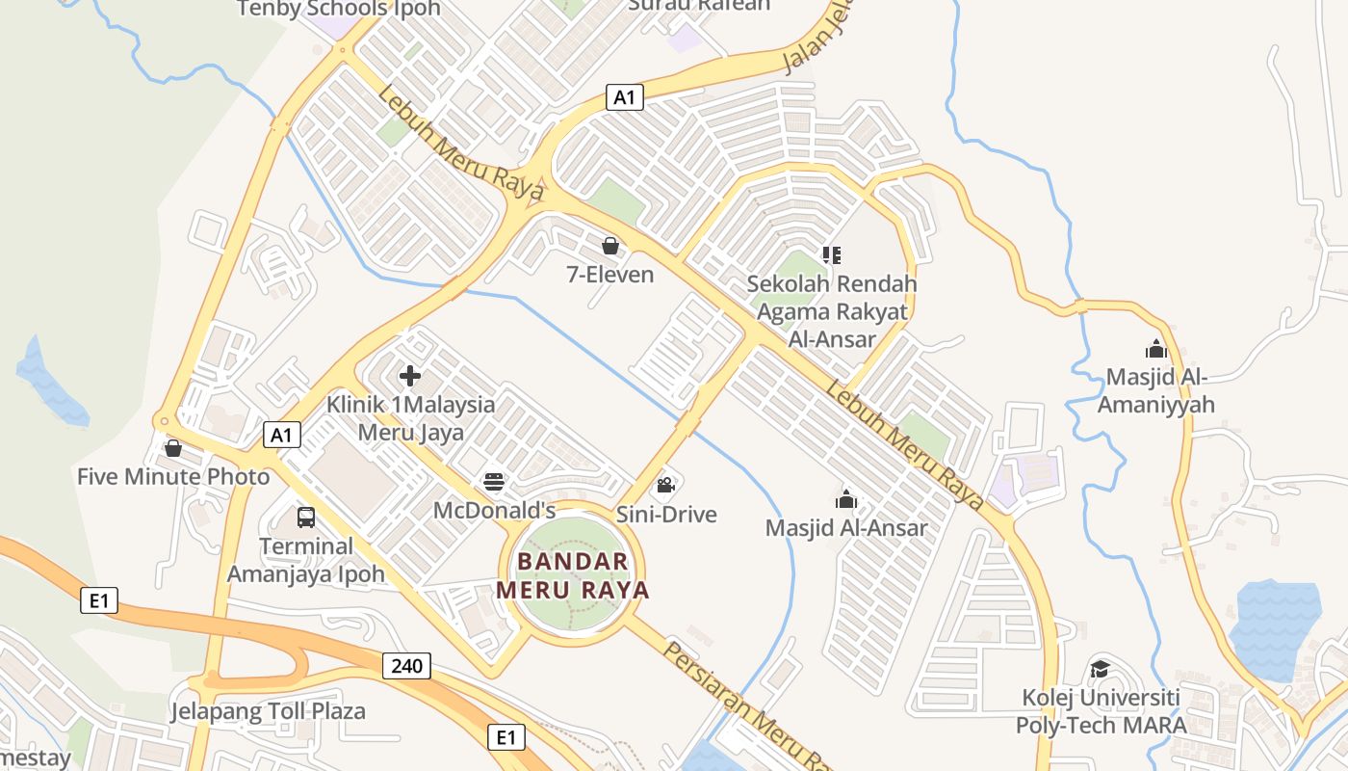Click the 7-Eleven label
610,275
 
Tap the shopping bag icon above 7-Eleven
609,246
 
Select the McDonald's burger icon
494,481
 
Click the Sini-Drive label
666,515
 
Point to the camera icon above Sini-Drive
664,485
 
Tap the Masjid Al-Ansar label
846,528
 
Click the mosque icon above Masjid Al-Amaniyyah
1155,349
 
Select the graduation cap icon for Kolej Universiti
1099,668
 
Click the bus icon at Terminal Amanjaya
305,517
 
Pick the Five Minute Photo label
173,476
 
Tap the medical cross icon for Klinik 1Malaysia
410,375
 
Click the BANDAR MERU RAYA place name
573,575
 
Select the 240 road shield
406,665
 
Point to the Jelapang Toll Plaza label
268,712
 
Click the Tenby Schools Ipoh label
338,10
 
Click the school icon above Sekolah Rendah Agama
832,255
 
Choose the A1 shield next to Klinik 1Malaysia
281,435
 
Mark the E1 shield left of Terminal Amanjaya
98,601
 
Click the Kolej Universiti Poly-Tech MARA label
1101,711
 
